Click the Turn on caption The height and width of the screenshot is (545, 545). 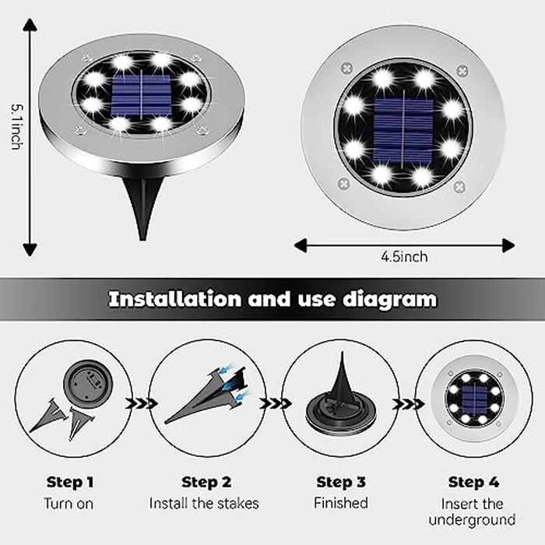(x=69, y=503)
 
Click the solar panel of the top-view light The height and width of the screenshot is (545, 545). (x=403, y=128)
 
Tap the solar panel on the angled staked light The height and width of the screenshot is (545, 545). (x=141, y=96)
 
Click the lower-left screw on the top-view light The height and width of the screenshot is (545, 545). (x=343, y=184)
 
